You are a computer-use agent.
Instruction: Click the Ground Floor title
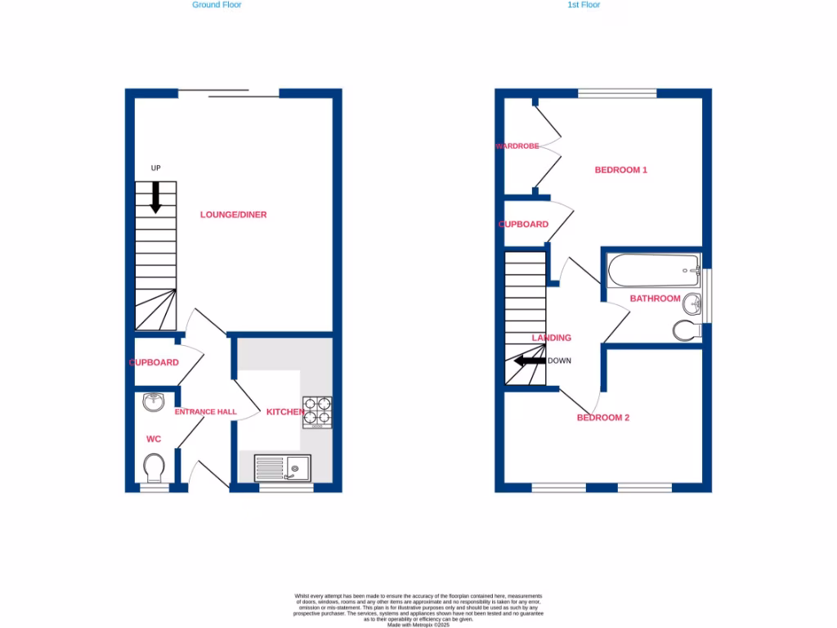coord(217,5)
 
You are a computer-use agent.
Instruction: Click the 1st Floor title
coord(584,5)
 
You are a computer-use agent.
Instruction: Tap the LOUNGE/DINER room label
coord(234,215)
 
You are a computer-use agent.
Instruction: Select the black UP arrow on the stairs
coord(155,197)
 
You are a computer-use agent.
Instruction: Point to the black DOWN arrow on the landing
coord(529,361)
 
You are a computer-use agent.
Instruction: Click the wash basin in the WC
coord(154,401)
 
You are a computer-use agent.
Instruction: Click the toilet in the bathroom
coord(687,331)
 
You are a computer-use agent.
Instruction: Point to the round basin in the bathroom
coord(692,304)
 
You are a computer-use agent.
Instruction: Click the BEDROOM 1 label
coord(621,170)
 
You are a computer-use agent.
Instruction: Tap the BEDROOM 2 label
coord(603,418)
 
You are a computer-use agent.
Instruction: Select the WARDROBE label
coord(517,146)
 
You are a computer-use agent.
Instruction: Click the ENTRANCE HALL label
coord(205,412)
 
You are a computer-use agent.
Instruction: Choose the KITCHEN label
coord(285,412)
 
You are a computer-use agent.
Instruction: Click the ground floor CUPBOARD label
coord(154,362)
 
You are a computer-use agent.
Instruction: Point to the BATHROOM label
coord(655,298)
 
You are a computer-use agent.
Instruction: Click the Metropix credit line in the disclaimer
coord(418,625)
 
